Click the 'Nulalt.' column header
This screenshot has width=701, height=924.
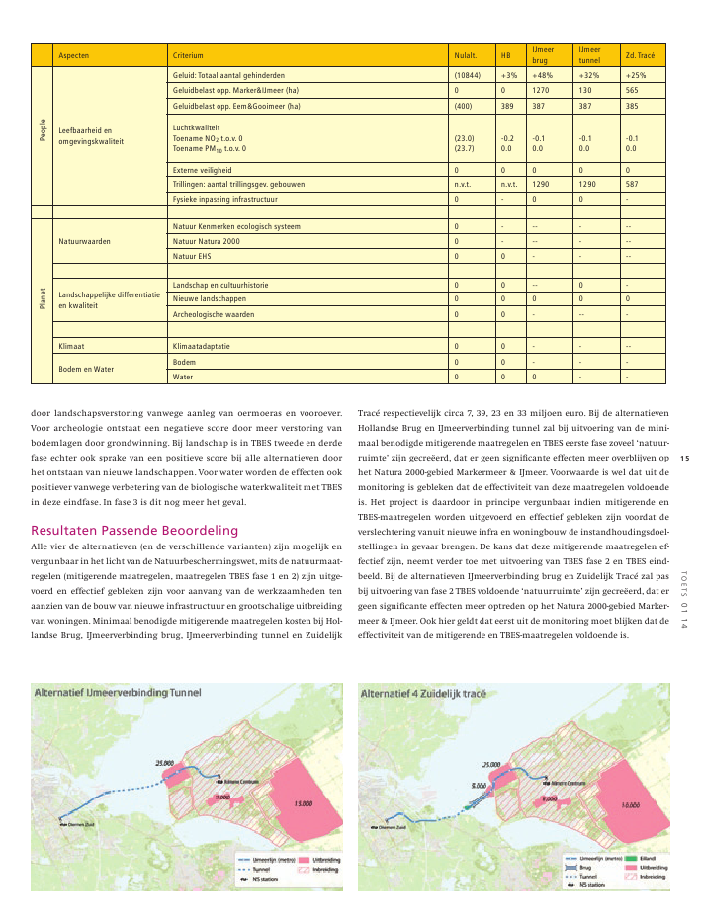[465, 55]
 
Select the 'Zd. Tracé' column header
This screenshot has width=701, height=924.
[640, 55]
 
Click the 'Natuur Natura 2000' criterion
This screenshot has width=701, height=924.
[206, 241]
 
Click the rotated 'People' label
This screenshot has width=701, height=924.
[43, 129]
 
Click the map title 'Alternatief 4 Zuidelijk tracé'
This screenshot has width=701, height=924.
[424, 695]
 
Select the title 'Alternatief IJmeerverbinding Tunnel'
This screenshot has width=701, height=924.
[116, 694]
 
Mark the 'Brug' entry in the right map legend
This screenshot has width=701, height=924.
[585, 868]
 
